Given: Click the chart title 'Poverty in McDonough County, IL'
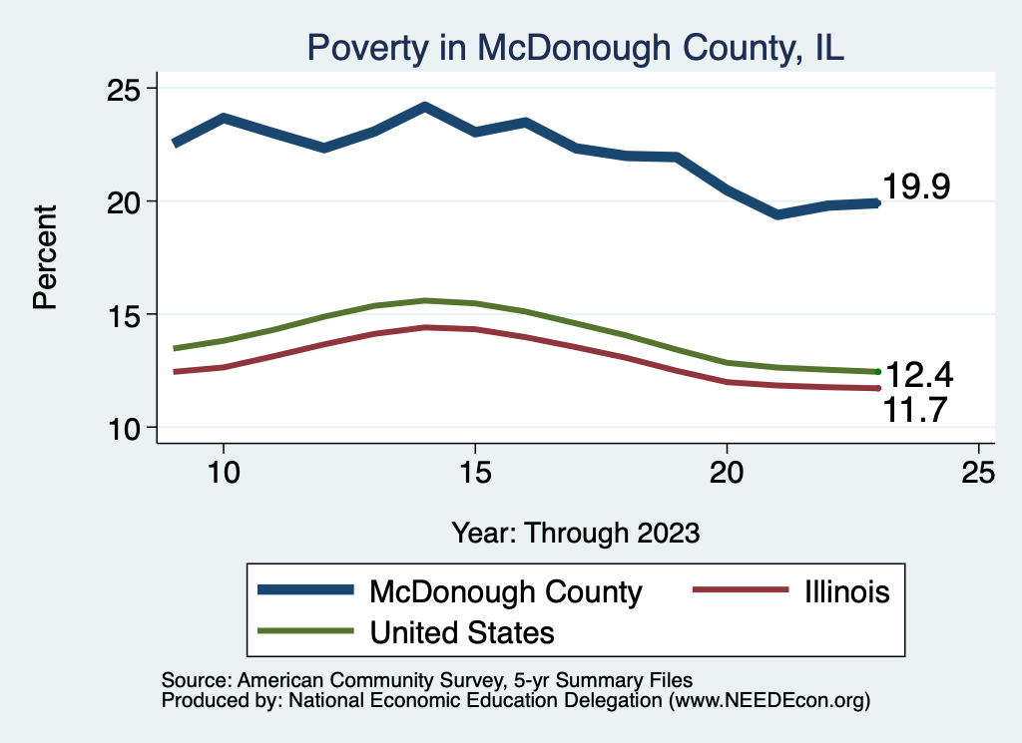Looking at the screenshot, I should coord(575,48).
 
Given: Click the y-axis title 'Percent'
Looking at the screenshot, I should coord(46,257).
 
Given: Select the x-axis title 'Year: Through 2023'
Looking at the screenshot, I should coord(575,532).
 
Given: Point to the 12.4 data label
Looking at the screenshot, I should coord(919,376).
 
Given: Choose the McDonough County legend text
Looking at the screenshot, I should coord(505,591).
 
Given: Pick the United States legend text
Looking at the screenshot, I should coord(461,631).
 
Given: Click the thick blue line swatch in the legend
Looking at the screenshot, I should coord(306,590).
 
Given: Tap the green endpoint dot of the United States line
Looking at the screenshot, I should coord(877,372).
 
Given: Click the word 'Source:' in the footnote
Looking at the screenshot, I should coord(195,679).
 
